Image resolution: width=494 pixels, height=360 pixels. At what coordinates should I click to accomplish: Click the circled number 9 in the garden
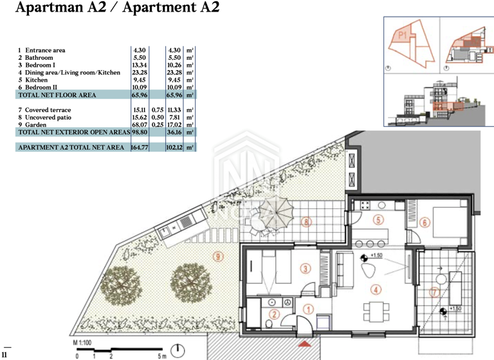[219, 256]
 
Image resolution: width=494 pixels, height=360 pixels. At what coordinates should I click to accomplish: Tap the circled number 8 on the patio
[307, 222]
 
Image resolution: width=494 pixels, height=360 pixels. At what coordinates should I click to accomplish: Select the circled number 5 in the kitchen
[379, 220]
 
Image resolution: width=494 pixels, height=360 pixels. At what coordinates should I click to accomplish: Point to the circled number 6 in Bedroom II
[424, 222]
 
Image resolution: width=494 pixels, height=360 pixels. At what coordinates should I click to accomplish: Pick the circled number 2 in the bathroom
[273, 314]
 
